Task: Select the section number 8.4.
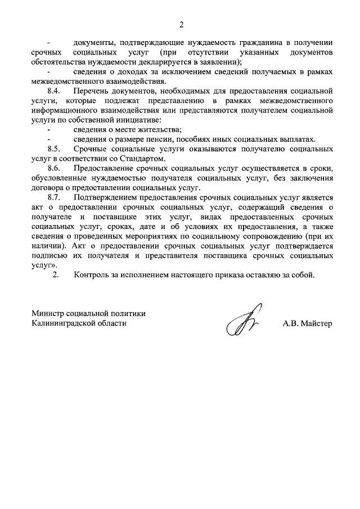[x=54, y=91]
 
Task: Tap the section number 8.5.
[x=54, y=149]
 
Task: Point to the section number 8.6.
[x=54, y=169]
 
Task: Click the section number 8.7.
[x=54, y=198]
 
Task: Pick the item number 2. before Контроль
[x=55, y=276]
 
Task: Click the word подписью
[x=49, y=256]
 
